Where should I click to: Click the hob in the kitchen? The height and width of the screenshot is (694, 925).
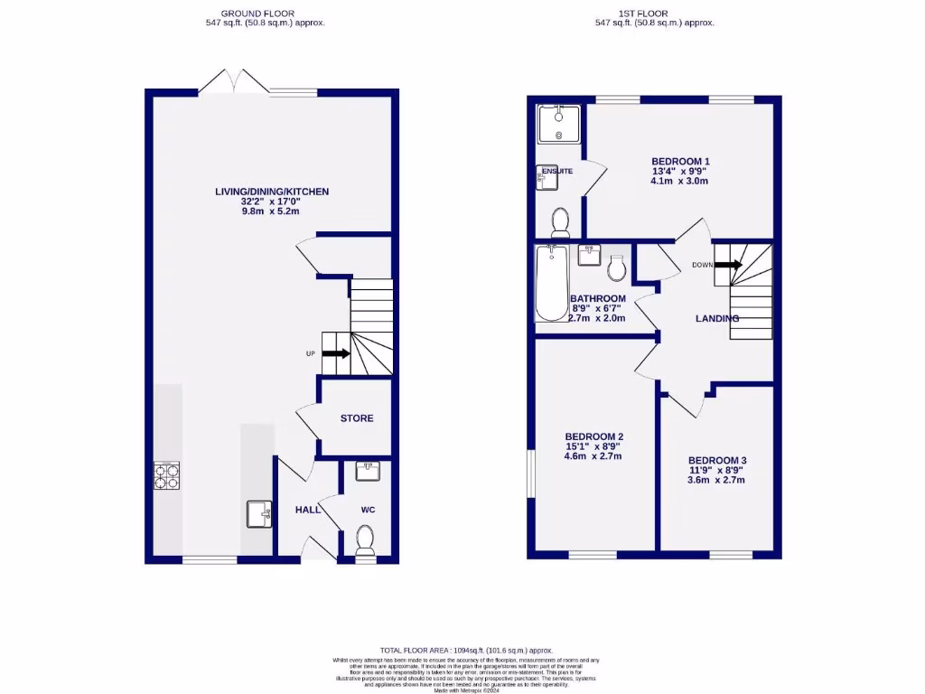click(166, 474)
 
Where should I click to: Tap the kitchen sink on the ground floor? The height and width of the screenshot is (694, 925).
click(258, 514)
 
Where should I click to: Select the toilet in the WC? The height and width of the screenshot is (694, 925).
click(366, 540)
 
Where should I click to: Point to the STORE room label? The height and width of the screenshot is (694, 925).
click(357, 418)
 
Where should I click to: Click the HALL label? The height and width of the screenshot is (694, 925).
click(308, 510)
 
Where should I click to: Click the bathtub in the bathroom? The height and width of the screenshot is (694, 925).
click(550, 283)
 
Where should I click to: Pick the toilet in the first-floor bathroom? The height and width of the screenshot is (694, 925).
click(618, 267)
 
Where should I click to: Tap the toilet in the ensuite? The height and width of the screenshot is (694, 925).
click(559, 220)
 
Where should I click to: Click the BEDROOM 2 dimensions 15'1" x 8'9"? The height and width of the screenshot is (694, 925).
click(595, 446)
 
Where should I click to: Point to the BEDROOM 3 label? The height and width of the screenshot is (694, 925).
click(716, 460)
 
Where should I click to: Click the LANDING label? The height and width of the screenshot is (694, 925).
click(716, 318)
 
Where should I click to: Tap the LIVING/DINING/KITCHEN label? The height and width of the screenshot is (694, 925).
click(271, 192)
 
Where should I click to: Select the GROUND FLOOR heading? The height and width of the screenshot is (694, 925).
click(265, 14)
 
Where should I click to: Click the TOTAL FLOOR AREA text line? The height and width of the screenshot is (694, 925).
click(466, 651)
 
